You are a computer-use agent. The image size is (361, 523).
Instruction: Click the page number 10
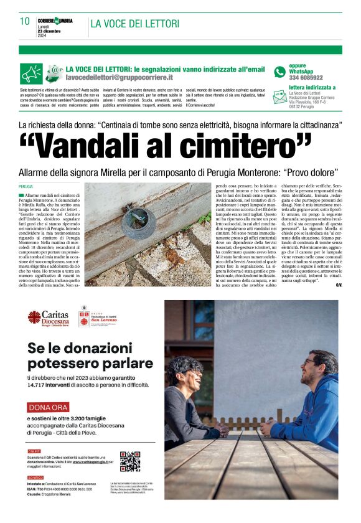pyautogui.click(x=25, y=21)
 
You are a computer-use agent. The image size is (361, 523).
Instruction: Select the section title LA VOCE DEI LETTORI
pyautogui.click(x=134, y=24)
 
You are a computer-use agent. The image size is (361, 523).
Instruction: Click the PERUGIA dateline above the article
pyautogui.click(x=26, y=186)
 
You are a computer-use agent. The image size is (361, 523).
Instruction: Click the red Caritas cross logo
pyautogui.click(x=35, y=317)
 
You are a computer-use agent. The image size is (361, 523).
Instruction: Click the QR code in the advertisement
pyautogui.click(x=129, y=461)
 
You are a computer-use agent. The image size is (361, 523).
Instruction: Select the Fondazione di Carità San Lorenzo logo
pyautogui.click(x=83, y=317)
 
